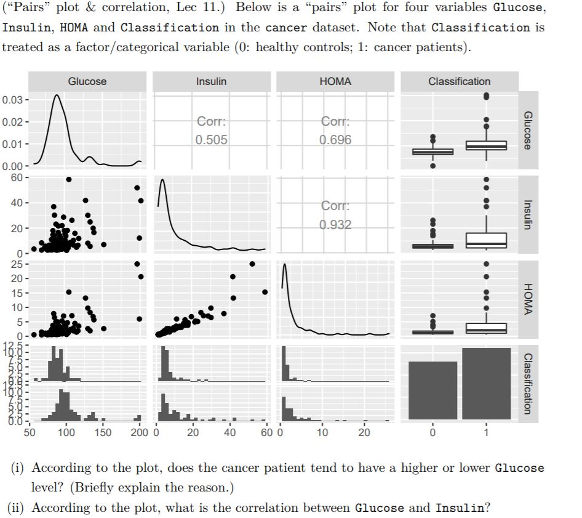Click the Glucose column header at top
point(87,81)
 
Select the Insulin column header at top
point(211,81)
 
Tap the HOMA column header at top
point(335,81)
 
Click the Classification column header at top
point(459,81)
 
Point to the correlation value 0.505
point(211,140)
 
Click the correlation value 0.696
point(335,140)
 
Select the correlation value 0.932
point(335,225)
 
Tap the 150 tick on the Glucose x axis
point(103,432)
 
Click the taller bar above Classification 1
point(486,383)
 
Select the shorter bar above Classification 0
point(433,390)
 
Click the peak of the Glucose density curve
point(57,95)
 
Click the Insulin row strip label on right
point(528,213)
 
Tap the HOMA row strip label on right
point(528,297)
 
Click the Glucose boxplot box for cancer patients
point(486,145)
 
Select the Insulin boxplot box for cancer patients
point(486,240)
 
